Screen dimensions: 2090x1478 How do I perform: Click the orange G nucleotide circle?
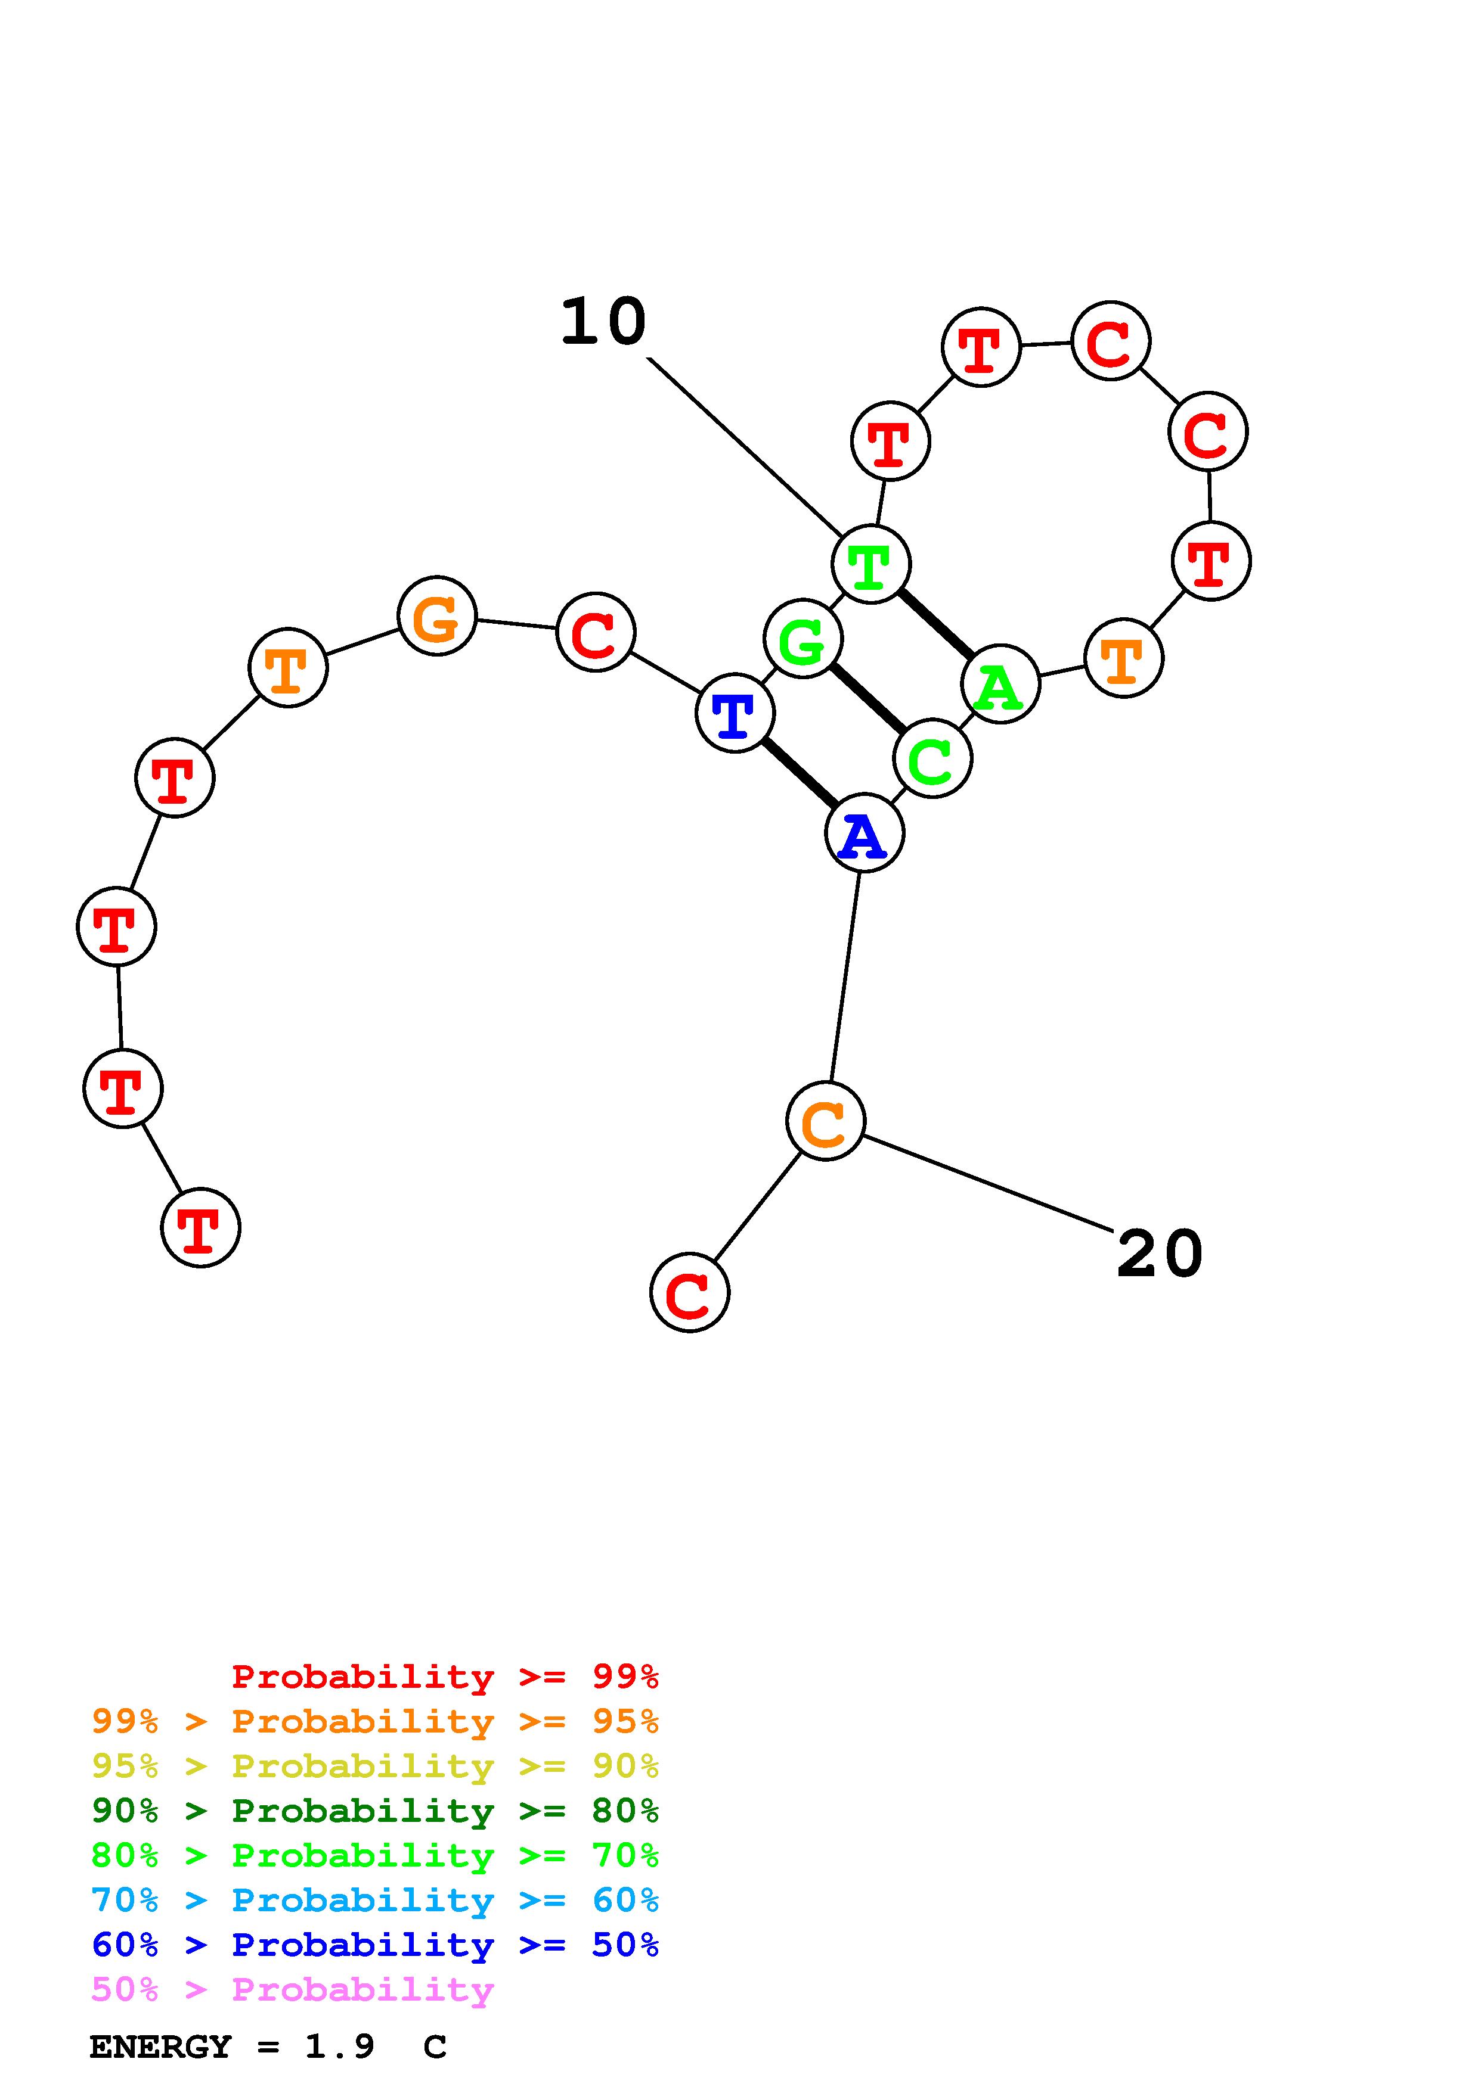tap(437, 615)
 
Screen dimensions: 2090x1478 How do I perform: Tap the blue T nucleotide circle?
tap(735, 712)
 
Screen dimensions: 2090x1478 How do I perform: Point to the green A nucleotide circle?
tap(1000, 683)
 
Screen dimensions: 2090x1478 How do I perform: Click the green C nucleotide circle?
tap(932, 758)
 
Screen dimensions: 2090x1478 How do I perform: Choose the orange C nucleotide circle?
tap(825, 1121)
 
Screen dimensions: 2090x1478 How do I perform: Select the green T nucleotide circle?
tap(870, 564)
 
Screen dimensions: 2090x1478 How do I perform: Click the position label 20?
tap(1159, 1254)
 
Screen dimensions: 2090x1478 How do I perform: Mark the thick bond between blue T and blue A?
tap(800, 772)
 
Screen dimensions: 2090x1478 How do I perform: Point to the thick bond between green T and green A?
tap(935, 624)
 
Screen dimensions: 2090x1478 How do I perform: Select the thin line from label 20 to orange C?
tap(988, 1183)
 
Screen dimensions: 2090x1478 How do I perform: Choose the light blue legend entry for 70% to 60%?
tap(375, 1901)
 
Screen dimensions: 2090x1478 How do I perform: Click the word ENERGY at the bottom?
tap(160, 2047)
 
